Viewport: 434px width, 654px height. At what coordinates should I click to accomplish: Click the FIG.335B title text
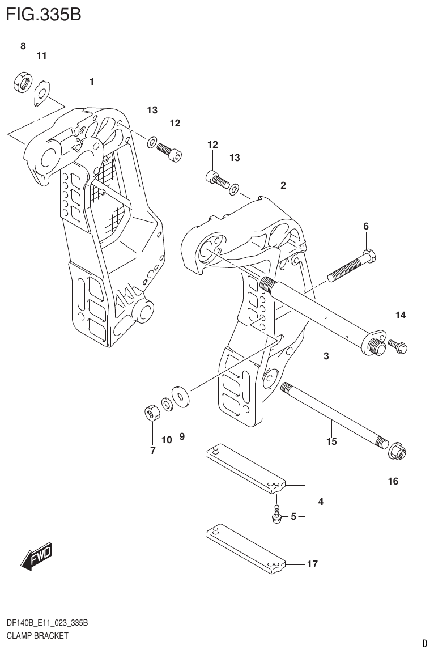point(43,14)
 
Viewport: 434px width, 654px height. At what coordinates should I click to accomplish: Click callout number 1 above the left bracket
point(91,82)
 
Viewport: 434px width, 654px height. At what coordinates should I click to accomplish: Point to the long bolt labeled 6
point(351,265)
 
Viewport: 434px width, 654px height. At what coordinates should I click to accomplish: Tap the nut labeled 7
point(151,413)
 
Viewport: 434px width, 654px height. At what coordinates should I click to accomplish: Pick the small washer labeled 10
point(167,405)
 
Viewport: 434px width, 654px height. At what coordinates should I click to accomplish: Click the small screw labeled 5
point(276,513)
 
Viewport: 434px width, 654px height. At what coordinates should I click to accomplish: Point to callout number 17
point(312,564)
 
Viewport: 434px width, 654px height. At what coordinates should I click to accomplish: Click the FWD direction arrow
point(36,557)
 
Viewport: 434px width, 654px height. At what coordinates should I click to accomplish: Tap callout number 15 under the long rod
point(331,441)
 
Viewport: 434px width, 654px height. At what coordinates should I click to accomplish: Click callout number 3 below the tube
point(326,356)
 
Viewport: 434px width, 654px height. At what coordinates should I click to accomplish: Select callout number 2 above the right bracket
point(283,185)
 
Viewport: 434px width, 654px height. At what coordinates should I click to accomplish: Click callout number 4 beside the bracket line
point(320,501)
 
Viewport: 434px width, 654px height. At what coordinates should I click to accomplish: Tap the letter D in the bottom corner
point(424,644)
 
